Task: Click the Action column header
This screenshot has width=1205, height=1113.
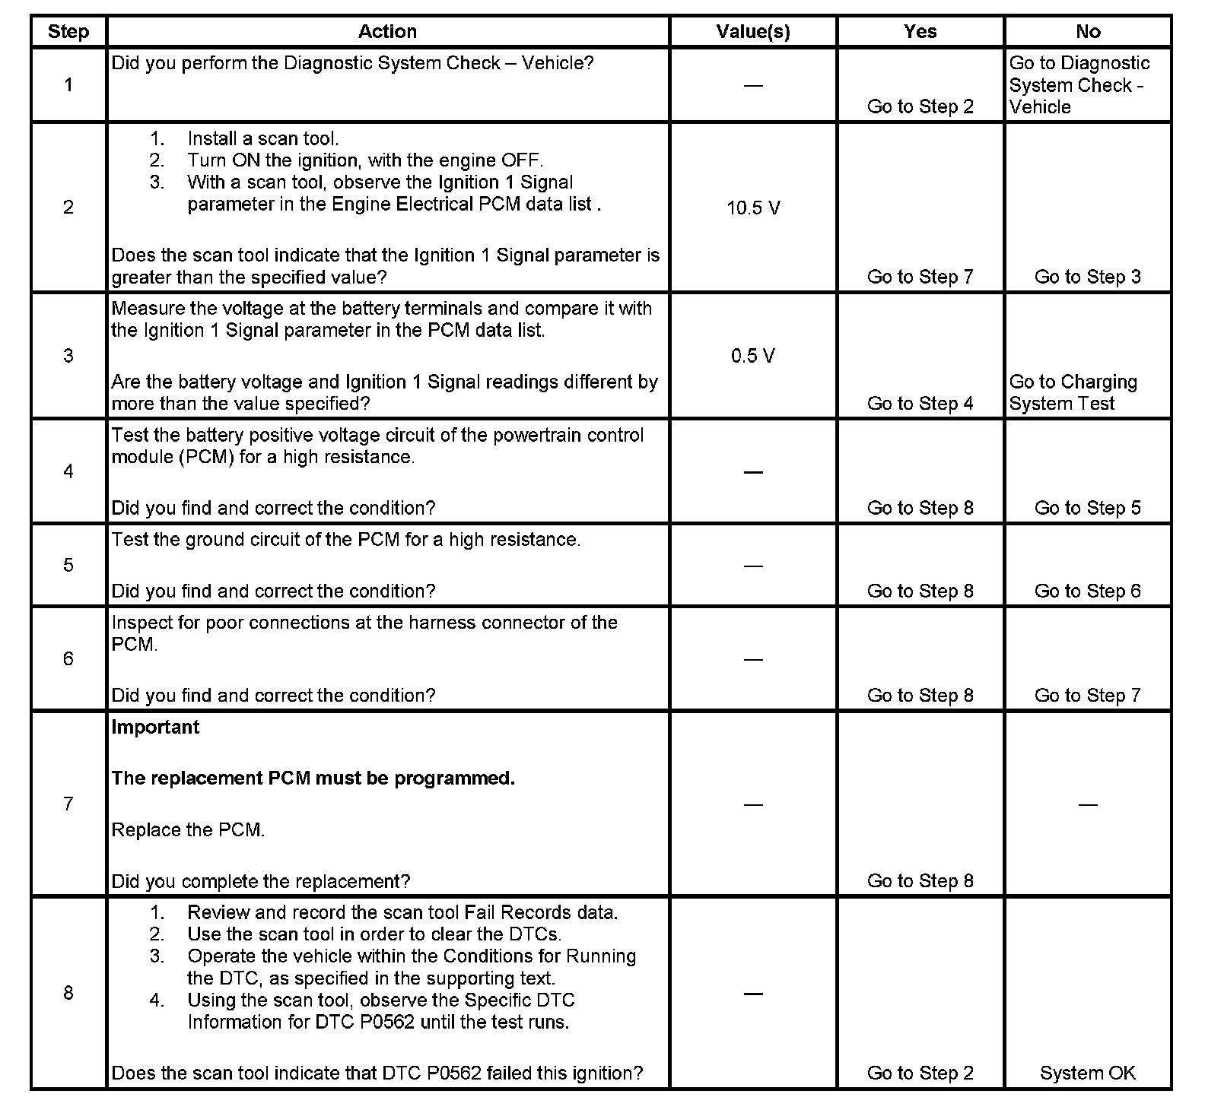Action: coord(387,31)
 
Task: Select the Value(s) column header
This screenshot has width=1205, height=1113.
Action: coord(753,31)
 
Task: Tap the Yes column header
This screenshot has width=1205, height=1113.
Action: coord(920,31)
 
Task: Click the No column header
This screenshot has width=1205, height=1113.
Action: coord(1088,31)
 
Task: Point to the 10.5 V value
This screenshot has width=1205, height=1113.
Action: coord(753,208)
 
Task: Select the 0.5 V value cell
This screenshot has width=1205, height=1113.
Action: coord(753,356)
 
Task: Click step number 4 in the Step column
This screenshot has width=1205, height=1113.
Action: coord(68,471)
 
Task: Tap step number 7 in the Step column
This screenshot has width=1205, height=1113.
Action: coord(68,804)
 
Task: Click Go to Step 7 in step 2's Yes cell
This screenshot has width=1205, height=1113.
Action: coord(920,277)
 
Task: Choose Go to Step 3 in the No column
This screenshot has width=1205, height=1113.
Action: coord(1087,277)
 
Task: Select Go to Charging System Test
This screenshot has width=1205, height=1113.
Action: coord(1073,392)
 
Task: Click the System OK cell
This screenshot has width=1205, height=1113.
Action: coord(1087,1073)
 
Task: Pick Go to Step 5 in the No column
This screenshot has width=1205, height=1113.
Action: coord(1087,508)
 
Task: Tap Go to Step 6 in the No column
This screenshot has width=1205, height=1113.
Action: coord(1087,591)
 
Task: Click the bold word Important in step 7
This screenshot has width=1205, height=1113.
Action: coord(155,727)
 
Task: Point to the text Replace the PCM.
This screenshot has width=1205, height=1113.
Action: coord(188,829)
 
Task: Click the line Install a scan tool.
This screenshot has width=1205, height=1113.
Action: coord(262,138)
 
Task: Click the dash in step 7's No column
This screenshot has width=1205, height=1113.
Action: coord(1088,804)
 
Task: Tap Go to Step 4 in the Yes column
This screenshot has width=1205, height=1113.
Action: coord(920,403)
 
